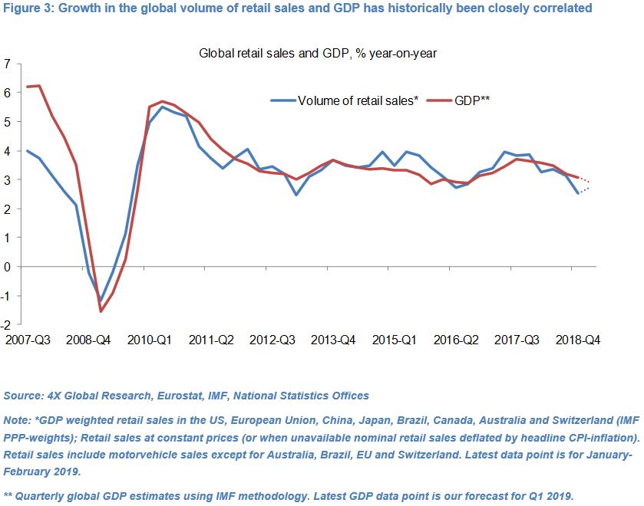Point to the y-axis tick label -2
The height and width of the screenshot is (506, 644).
pyautogui.click(x=6, y=325)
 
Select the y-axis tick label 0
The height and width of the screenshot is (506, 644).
pyautogui.click(x=8, y=267)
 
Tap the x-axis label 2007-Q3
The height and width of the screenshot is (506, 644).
pyautogui.click(x=28, y=339)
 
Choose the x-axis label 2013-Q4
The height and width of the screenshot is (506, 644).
pyautogui.click(x=332, y=339)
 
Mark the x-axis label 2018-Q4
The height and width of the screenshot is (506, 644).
pyautogui.click(x=578, y=339)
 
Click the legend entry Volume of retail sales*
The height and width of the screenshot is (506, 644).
pyautogui.click(x=358, y=100)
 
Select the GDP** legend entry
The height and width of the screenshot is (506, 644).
pyautogui.click(x=473, y=100)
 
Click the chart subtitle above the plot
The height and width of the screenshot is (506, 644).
pyautogui.click(x=318, y=54)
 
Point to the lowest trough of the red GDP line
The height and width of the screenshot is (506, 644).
pyautogui.click(x=101, y=310)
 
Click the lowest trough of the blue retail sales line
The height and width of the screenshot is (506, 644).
pyautogui.click(x=101, y=301)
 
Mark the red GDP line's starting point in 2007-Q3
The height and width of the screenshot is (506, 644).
pyautogui.click(x=27, y=87)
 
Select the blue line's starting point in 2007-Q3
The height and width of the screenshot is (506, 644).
pyautogui.click(x=27, y=151)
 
